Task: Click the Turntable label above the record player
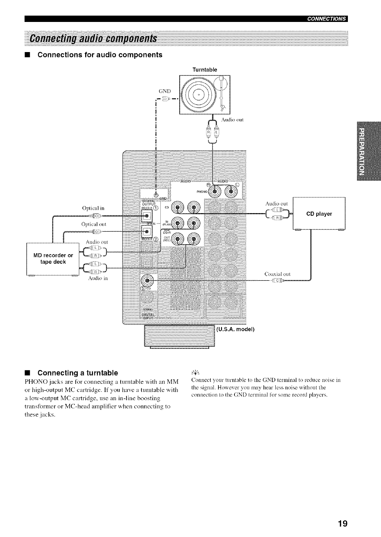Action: (x=204, y=70)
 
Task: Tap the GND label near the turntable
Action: (x=164, y=91)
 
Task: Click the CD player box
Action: (x=319, y=214)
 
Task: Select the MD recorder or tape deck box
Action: (x=53, y=259)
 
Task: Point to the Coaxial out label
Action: (x=277, y=274)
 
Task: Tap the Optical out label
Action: (x=94, y=224)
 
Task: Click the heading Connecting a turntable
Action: (x=78, y=373)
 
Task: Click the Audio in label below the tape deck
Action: (x=98, y=278)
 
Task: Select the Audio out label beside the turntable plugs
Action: (x=232, y=120)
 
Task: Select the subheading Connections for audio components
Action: (x=100, y=55)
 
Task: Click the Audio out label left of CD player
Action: (x=277, y=203)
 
